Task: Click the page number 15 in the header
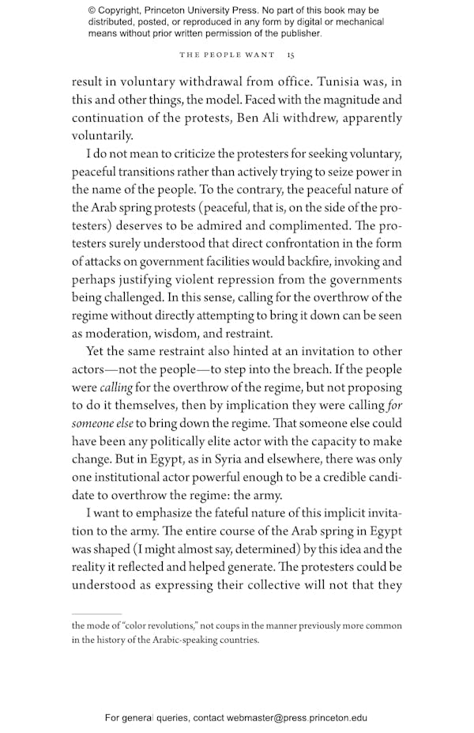point(291,55)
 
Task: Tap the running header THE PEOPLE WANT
point(227,55)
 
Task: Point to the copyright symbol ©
point(92,10)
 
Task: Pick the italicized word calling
point(115,387)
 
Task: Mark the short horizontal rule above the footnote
point(96,613)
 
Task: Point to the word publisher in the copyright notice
point(298,33)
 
